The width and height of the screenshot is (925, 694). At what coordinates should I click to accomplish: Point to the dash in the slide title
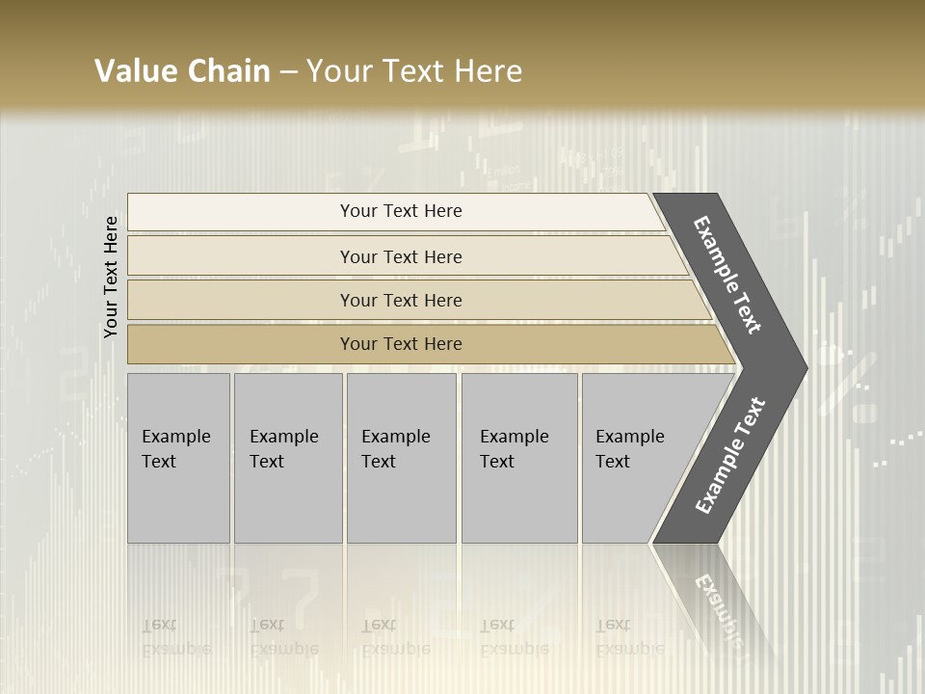coord(288,72)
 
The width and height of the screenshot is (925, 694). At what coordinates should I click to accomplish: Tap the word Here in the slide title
coord(488,71)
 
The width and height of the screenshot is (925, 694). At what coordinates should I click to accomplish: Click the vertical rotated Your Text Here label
coord(111,277)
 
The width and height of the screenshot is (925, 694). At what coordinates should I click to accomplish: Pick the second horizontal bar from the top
coord(401,256)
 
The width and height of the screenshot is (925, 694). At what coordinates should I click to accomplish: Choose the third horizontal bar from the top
coord(401,300)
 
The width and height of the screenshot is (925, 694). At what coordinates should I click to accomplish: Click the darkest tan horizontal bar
coord(401,344)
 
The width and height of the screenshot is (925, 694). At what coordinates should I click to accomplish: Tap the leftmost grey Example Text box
coord(178,457)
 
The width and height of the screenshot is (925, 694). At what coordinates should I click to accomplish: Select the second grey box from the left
coord(287,457)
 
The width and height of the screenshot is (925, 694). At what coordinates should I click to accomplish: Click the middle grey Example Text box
coord(401,457)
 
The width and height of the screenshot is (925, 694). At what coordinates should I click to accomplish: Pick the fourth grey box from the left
coord(518,457)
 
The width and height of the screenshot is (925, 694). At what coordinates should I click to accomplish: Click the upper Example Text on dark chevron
coord(727,275)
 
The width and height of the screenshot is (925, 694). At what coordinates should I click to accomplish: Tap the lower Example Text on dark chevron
coord(730,455)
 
